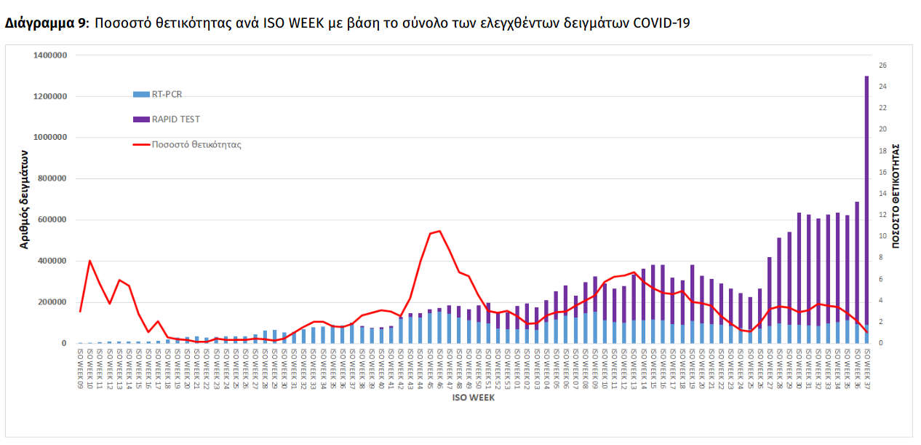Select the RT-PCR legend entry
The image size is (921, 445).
[167, 93]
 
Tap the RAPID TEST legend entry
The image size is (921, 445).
[175, 119]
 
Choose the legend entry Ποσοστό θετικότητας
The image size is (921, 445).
[196, 144]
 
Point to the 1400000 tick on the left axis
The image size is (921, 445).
[51, 55]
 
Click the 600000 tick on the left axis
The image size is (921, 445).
[53, 220]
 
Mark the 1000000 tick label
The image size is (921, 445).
[51, 138]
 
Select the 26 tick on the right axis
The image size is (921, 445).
[882, 66]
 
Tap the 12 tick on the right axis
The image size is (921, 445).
[882, 215]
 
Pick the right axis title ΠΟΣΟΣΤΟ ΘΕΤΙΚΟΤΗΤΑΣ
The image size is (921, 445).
[896, 195]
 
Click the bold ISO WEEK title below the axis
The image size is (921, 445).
[474, 398]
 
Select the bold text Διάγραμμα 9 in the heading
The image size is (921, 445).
[45, 23]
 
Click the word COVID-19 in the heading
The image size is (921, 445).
[661, 23]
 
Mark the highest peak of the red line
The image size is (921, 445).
[439, 232]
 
